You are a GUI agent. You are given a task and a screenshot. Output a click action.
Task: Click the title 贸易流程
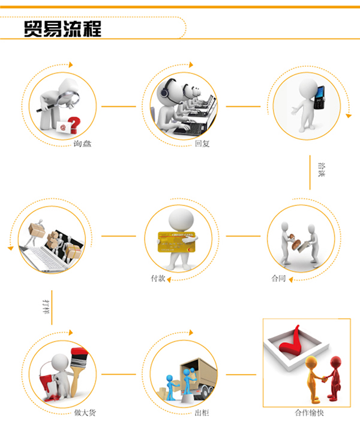coord(62,29)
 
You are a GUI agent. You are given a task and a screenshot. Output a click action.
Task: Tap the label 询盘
coord(82,144)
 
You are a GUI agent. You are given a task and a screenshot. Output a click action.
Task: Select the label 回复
coord(202,144)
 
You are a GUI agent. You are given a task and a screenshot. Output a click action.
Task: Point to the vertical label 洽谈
coord(322,170)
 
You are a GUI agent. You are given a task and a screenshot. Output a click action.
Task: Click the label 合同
coord(278,278)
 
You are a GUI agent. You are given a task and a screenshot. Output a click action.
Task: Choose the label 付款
coord(158,278)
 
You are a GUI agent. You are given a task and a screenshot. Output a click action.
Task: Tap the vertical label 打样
coord(47,307)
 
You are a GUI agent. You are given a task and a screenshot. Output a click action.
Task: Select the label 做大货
coord(85,413)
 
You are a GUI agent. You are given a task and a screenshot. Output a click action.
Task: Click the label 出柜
coord(202,413)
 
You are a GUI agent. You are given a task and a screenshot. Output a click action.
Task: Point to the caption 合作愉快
coord(310,413)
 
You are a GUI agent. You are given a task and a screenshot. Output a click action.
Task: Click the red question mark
coord(74,125)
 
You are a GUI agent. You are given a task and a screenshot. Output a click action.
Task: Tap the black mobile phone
coord(319,97)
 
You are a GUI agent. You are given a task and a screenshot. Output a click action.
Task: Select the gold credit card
coord(176,242)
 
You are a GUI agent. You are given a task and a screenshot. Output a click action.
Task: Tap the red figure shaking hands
coord(334,378)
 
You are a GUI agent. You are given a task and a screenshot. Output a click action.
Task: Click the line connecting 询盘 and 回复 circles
coord(119,106)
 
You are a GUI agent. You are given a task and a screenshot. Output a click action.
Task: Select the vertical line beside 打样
coord(52,307)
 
